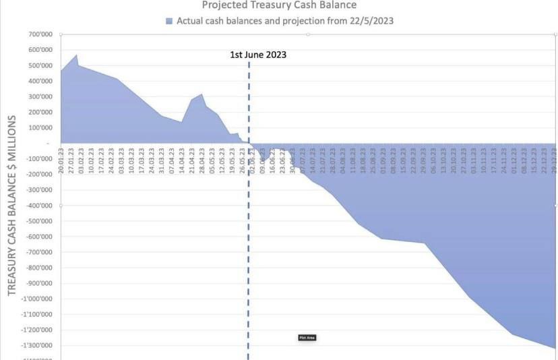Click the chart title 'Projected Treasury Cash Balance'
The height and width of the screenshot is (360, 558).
coord(279,5)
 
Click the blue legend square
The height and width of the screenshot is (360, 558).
coord(169,21)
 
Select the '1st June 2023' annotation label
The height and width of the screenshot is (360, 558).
coord(258,55)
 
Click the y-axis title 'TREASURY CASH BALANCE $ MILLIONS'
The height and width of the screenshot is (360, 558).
coord(11,206)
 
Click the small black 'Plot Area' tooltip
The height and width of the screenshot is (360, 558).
coord(307,337)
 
